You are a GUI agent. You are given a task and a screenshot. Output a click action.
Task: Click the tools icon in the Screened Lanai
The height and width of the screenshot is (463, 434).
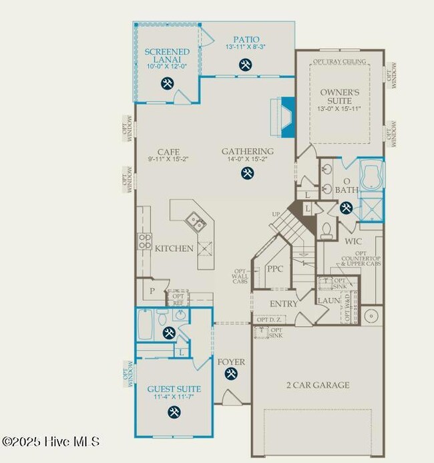(x=167, y=84)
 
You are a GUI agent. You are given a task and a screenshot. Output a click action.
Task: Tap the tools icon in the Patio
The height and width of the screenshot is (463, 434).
(x=246, y=65)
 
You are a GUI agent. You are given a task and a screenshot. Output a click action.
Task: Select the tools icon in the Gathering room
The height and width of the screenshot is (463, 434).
(x=247, y=173)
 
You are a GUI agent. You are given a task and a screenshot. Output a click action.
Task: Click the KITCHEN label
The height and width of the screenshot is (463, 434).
(x=174, y=249)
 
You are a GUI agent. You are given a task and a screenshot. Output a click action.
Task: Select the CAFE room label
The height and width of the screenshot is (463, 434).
(x=168, y=152)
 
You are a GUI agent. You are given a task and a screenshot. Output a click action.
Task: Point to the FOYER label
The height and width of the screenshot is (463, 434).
(x=231, y=362)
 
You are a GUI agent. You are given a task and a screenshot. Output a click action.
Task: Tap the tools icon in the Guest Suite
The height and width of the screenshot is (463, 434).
(x=174, y=411)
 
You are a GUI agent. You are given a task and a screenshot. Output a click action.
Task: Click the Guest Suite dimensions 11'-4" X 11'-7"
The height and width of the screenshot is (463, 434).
(x=174, y=398)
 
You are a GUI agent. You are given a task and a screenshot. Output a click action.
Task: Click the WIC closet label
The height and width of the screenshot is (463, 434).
(x=353, y=241)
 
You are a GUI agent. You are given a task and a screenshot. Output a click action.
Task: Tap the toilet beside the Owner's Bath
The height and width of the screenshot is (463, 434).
(x=327, y=230)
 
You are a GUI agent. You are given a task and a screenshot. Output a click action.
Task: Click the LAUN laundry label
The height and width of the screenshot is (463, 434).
(x=329, y=301)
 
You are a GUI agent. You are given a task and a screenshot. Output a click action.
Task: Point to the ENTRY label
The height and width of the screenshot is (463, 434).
(x=284, y=304)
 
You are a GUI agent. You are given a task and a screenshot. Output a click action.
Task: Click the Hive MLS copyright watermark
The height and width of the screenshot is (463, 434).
(x=51, y=442)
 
